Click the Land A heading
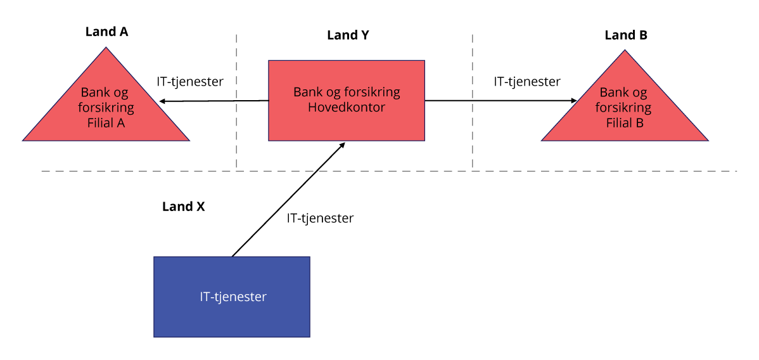[106, 32]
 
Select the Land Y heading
[348, 35]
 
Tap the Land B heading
[626, 35]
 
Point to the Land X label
[183, 207]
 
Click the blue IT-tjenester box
[232, 311]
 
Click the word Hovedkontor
[347, 107]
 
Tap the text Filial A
[106, 123]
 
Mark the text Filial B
[625, 123]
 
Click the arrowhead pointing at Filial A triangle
[163, 101]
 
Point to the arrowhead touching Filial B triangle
[573, 100]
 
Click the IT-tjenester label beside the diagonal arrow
[320, 219]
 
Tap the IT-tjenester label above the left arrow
[190, 82]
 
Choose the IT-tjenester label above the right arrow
[527, 82]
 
